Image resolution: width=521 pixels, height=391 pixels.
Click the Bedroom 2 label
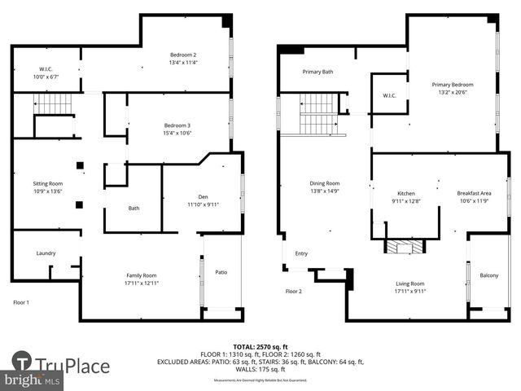[183, 55]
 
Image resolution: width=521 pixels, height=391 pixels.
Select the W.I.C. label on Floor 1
[46, 69]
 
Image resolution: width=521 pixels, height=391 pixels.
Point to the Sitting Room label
[47, 184]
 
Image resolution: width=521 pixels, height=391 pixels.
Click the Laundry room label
[46, 253]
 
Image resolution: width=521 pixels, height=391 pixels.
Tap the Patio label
[221, 272]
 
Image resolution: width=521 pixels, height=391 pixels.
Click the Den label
[204, 196]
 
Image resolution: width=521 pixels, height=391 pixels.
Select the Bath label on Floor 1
[134, 209]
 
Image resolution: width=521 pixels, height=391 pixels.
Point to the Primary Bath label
[317, 72]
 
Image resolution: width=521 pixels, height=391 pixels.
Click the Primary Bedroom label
[452, 85]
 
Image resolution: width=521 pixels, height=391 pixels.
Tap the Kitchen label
[405, 193]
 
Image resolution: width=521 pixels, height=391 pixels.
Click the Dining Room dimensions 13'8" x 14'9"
[324, 191]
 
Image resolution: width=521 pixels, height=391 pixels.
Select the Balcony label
[489, 275]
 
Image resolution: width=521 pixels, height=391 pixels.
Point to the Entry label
[301, 253]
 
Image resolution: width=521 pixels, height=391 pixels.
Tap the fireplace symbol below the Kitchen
[405, 247]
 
